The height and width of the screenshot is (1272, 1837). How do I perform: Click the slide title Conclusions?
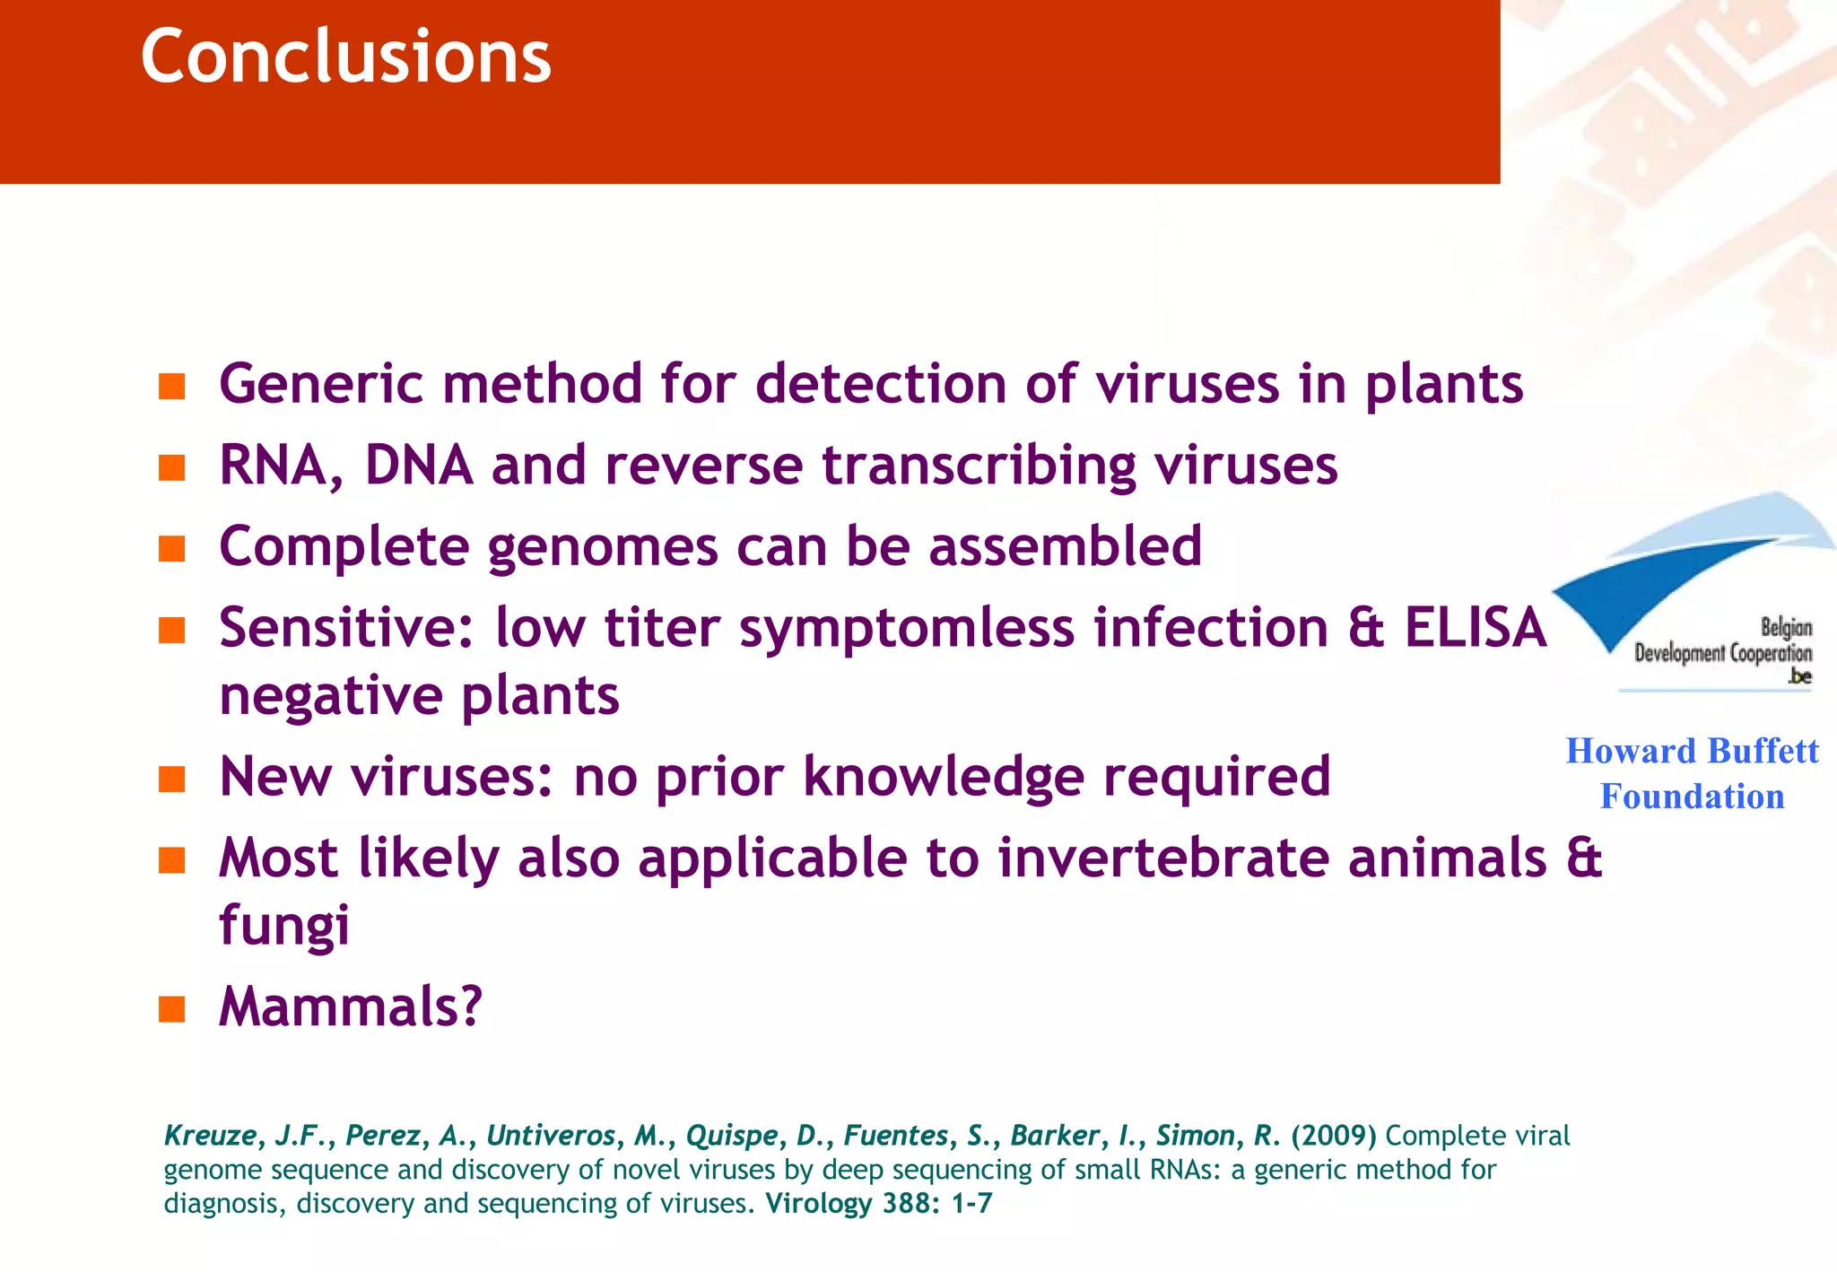click(x=345, y=57)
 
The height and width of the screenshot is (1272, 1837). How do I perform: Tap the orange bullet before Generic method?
click(x=171, y=387)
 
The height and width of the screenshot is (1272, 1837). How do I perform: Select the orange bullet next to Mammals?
click(x=171, y=1009)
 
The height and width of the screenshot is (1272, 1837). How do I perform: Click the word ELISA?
click(x=1475, y=627)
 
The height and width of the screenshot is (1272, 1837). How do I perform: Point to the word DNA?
click(x=418, y=466)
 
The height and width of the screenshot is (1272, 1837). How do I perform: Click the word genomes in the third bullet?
click(x=603, y=547)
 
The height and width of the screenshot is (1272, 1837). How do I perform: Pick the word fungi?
click(x=284, y=926)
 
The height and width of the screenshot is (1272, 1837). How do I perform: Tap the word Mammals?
click(x=351, y=1006)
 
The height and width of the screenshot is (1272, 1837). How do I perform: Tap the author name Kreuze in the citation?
click(x=210, y=1136)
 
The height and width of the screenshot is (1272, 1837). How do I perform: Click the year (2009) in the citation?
click(x=1333, y=1136)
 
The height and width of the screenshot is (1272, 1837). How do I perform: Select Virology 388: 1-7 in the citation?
click(x=878, y=1203)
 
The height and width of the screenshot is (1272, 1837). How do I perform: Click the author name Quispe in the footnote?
click(x=731, y=1136)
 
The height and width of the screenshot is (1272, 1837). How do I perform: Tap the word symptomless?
click(x=906, y=628)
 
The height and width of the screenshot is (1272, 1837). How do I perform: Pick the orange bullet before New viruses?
click(x=171, y=779)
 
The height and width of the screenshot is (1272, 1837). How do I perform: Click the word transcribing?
click(x=979, y=466)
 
